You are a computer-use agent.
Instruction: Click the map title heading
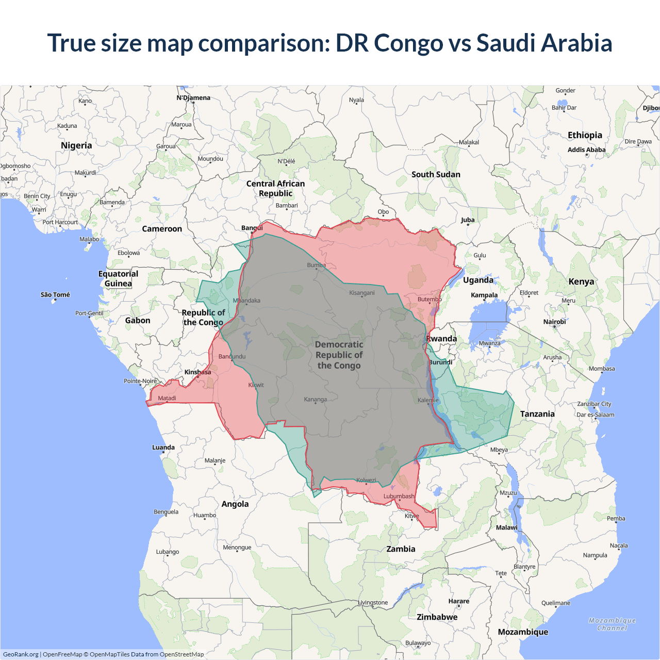pos(330,43)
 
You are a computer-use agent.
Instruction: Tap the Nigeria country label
pos(76,145)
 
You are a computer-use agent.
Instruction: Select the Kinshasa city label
pos(197,372)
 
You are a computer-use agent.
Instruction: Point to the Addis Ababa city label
pos(586,150)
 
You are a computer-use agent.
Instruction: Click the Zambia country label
pos(401,549)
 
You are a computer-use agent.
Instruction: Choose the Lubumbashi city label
pos(399,496)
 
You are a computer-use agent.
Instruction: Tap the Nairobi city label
pos(554,322)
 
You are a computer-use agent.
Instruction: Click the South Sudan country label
pos(436,174)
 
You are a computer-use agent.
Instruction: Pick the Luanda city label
pos(163,447)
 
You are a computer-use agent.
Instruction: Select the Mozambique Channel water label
pos(612,624)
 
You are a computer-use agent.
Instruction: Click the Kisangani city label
pos(362,293)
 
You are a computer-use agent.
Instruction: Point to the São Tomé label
pos(55,294)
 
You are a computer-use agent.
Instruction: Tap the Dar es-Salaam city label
pos(595,415)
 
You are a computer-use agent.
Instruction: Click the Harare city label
pos(458,601)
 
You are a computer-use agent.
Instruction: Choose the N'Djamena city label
pos(193,97)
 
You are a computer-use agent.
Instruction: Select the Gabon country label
pos(138,320)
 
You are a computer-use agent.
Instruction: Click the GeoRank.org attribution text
pos(21,654)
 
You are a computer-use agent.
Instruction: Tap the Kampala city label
pos(484,295)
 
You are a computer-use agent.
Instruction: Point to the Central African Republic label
pos(275,188)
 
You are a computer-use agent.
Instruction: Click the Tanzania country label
pos(537,414)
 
